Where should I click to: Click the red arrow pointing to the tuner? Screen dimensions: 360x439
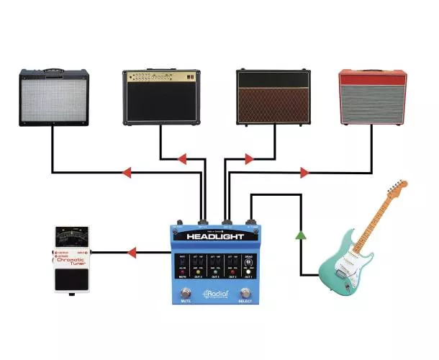click(132, 253)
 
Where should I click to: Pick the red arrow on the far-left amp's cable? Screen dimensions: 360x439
click(127, 173)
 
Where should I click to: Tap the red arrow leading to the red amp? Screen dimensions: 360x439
click(304, 173)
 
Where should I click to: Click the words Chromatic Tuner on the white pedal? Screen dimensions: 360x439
click(70, 262)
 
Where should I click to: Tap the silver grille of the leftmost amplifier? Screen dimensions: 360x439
click(53, 99)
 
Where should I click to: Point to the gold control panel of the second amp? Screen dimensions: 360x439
click(160, 77)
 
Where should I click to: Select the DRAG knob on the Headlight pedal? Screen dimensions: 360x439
click(249, 263)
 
